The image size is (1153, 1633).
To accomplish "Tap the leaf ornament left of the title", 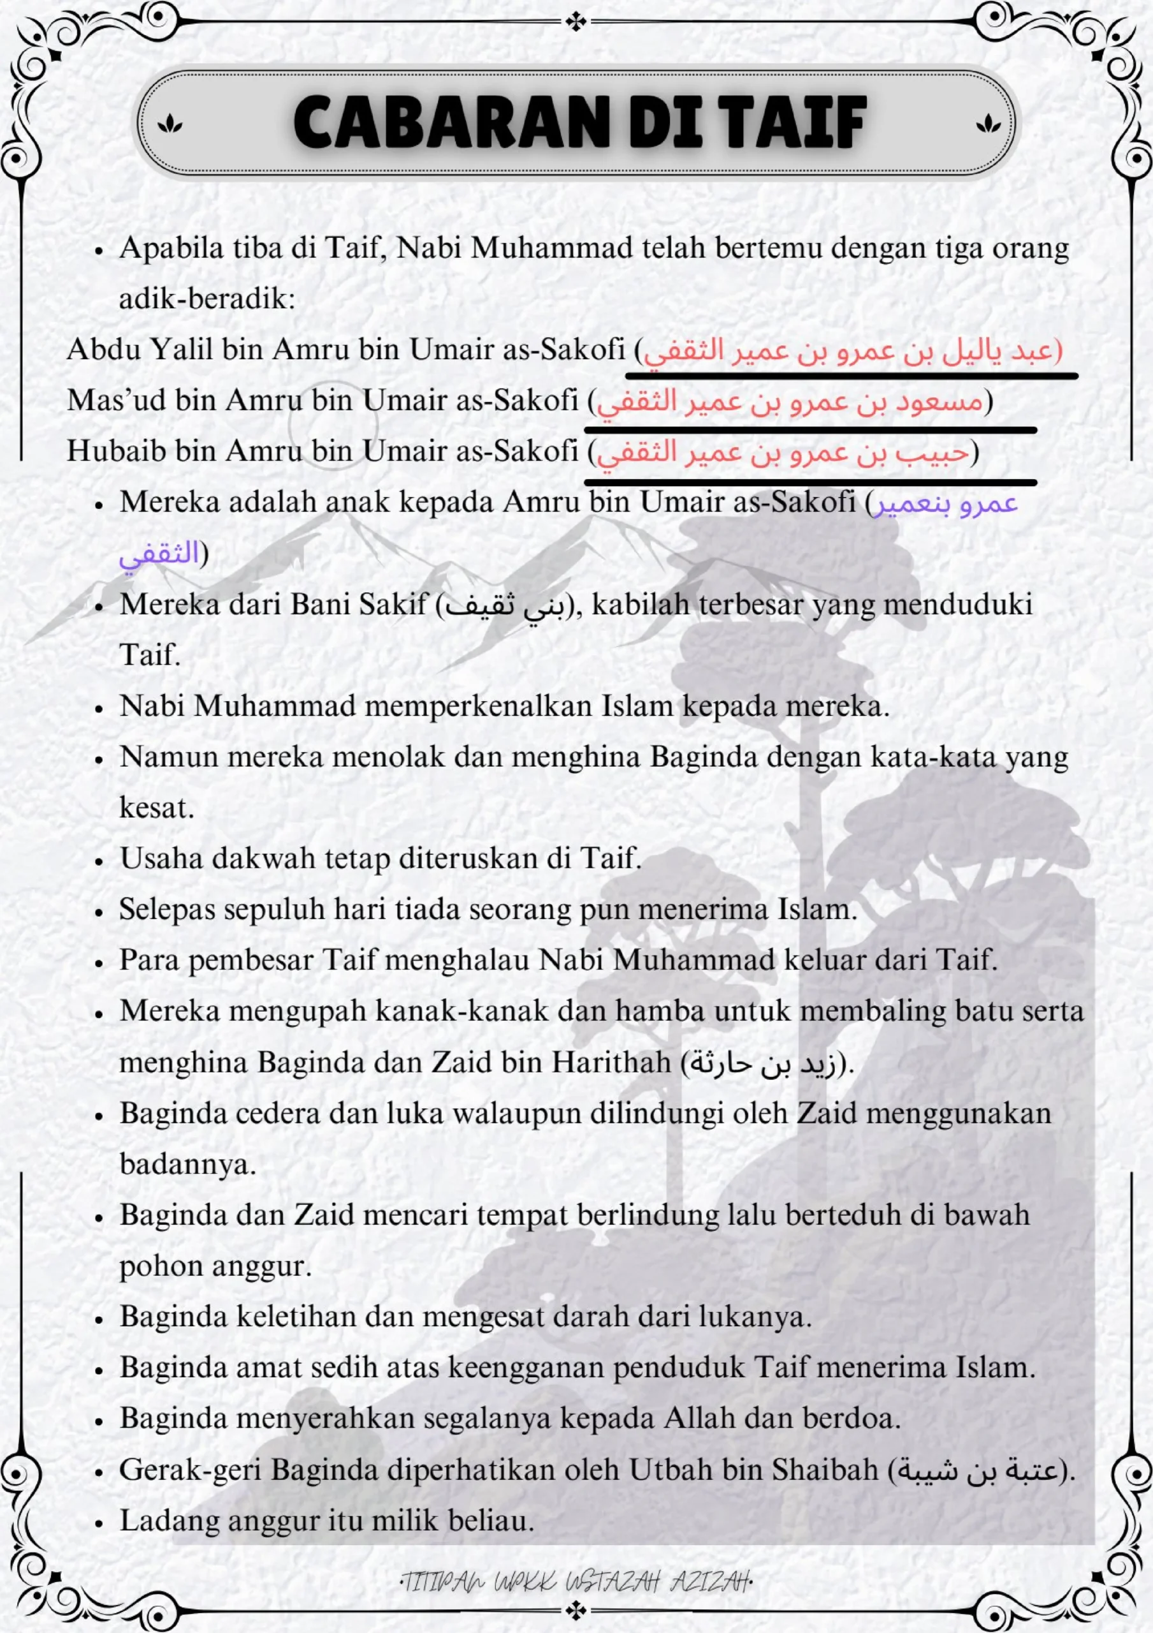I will pos(170,124).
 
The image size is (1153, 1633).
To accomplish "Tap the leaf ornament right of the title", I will pos(987,124).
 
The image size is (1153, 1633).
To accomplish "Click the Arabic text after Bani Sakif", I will pos(504,606).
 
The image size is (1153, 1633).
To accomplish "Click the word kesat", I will pos(156,809).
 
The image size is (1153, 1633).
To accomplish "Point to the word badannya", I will pos(187,1165).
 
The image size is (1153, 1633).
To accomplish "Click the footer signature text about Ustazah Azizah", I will pos(576,1583).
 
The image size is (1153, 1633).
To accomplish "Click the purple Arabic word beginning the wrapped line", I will pos(159,553).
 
